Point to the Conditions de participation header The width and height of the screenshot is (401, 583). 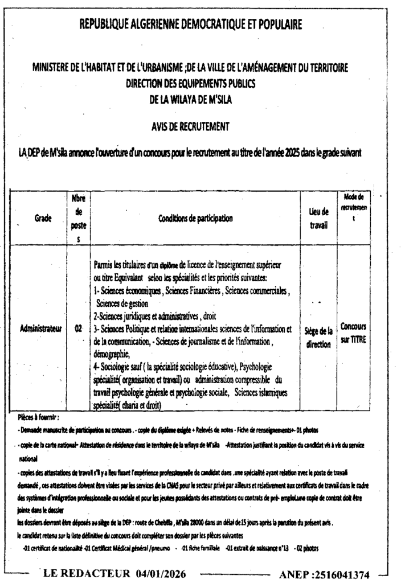(x=195, y=217)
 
